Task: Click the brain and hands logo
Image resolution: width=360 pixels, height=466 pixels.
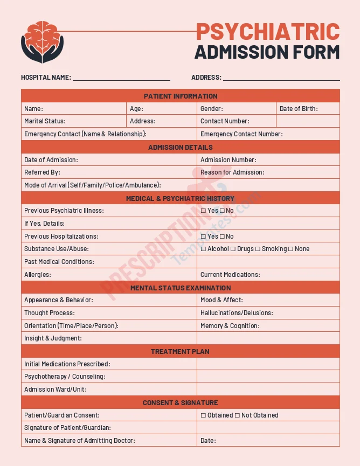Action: click(x=42, y=42)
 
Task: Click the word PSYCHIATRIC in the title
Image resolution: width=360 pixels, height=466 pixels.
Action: click(x=267, y=32)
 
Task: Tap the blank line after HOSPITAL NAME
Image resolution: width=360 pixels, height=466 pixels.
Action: click(x=121, y=77)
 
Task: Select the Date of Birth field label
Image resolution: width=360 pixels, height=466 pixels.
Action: click(x=298, y=109)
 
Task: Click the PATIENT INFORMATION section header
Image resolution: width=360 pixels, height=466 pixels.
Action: click(x=181, y=96)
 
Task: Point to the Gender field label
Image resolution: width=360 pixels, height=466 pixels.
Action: click(x=211, y=109)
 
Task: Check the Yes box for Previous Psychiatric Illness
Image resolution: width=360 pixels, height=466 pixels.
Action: click(x=203, y=211)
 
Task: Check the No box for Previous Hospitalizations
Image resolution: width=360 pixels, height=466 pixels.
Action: click(x=222, y=237)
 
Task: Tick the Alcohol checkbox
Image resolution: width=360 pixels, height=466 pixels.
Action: click(x=203, y=249)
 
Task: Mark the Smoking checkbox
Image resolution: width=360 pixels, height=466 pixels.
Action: click(x=258, y=249)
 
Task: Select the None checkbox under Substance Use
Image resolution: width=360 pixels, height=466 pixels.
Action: click(x=291, y=249)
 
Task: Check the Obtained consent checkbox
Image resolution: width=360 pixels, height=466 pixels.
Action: click(x=203, y=415)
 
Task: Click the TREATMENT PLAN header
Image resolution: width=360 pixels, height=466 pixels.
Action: click(x=181, y=351)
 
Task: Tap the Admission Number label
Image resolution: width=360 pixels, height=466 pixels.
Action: click(x=228, y=160)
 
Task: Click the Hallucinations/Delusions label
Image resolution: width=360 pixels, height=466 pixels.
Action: click(x=237, y=313)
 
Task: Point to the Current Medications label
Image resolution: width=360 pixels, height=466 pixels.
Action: click(x=230, y=275)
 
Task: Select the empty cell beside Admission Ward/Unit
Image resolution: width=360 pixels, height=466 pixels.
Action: click(x=268, y=390)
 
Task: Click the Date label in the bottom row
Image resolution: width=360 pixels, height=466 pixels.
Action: click(x=208, y=441)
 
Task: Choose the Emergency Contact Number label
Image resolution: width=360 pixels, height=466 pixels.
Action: click(x=241, y=134)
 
